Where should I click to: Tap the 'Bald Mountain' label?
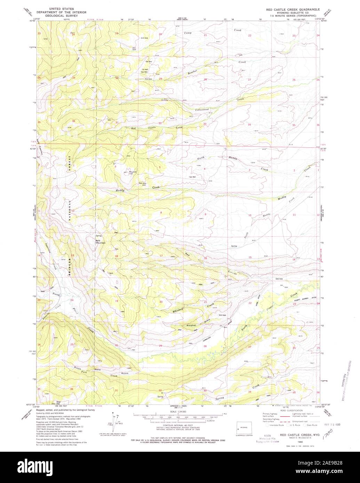pos(101,242)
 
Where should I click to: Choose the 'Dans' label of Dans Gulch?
pos(97,370)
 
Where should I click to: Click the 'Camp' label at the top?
pos(187,33)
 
